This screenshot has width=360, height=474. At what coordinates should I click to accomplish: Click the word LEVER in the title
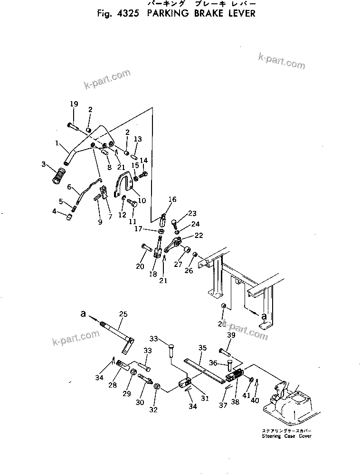[x=237, y=13]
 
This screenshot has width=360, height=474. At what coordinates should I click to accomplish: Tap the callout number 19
[x=74, y=104]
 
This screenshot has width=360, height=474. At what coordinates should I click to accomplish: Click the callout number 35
[x=202, y=348]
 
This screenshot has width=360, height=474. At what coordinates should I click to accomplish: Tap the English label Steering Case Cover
[x=284, y=436]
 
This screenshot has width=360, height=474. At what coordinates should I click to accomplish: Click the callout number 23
[x=192, y=213]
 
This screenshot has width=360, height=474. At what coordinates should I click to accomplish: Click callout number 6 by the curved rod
[x=70, y=187]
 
